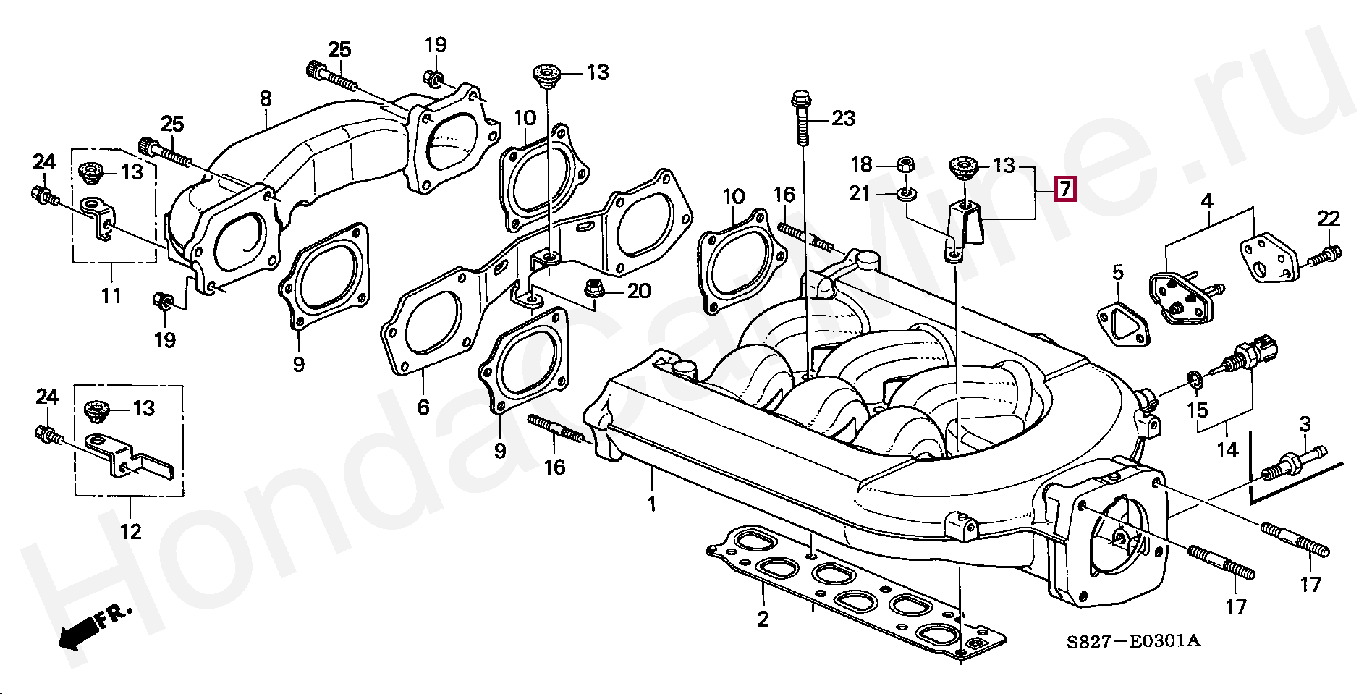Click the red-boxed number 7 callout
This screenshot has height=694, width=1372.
point(1065,190)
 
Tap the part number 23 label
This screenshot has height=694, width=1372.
point(843,118)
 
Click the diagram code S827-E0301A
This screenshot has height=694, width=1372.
point(1132,641)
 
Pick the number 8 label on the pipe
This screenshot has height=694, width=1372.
point(266,98)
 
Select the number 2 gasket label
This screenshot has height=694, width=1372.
point(763,619)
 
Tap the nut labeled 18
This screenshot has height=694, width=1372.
point(904,164)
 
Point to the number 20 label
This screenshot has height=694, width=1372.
point(639,291)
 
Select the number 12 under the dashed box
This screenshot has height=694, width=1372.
point(130,532)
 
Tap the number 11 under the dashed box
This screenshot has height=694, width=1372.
point(111,295)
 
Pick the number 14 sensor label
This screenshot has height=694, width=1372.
point(1227,450)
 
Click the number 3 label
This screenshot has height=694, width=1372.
point(1305,424)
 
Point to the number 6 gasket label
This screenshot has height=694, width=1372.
point(423,407)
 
